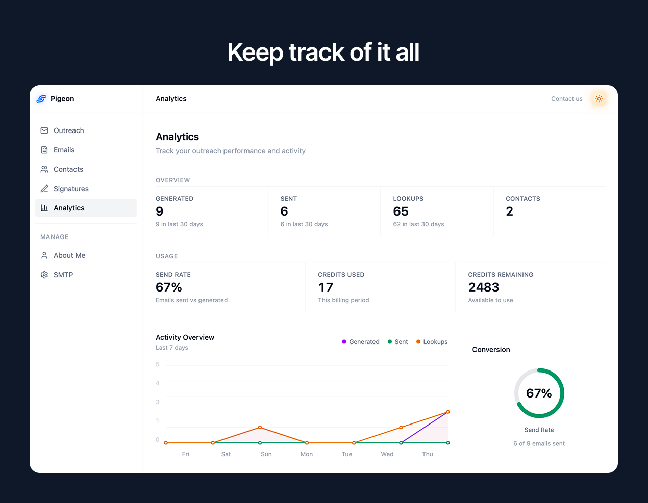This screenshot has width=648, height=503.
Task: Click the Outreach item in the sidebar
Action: (x=68, y=130)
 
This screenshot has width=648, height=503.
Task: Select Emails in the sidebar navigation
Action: (x=64, y=150)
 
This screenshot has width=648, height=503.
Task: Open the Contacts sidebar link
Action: (x=68, y=169)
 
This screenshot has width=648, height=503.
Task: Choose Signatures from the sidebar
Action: (x=71, y=189)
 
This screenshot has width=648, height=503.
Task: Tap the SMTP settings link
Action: (x=63, y=275)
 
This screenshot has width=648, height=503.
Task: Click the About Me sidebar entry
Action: (x=69, y=255)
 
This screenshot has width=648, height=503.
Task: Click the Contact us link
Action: (x=566, y=99)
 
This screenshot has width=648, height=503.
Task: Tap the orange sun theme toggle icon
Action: (x=599, y=99)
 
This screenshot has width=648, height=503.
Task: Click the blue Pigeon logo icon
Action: (x=41, y=99)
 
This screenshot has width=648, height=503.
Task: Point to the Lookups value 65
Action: (x=401, y=211)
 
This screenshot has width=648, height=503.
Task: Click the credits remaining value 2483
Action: (x=483, y=287)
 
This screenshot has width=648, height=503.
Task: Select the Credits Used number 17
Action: (x=326, y=287)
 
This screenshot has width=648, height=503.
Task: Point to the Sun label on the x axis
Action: (x=266, y=454)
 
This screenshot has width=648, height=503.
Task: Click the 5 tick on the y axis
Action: (x=158, y=364)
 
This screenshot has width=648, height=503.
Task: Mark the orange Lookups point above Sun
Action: (x=260, y=427)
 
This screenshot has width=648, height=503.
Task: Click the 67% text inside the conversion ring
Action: (x=539, y=393)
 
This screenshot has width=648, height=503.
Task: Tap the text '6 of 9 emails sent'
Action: (x=539, y=444)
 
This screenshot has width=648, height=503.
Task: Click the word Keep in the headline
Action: (x=255, y=52)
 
